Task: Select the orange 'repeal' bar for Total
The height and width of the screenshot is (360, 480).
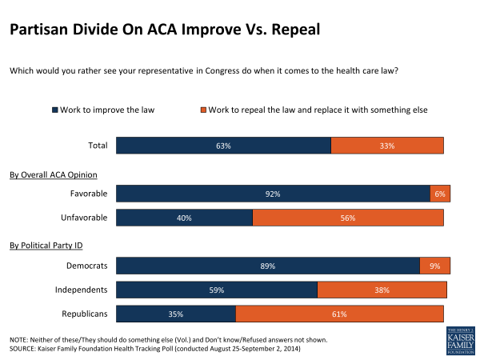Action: (387, 146)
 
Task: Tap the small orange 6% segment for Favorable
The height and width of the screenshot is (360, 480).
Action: (440, 194)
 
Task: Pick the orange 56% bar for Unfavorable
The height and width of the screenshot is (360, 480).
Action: (348, 218)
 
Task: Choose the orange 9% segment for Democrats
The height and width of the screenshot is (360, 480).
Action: (435, 266)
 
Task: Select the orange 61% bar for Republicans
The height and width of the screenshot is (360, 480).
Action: (339, 314)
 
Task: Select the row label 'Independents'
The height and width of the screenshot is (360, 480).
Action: (84, 290)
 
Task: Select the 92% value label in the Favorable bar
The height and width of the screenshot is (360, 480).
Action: (274, 194)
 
